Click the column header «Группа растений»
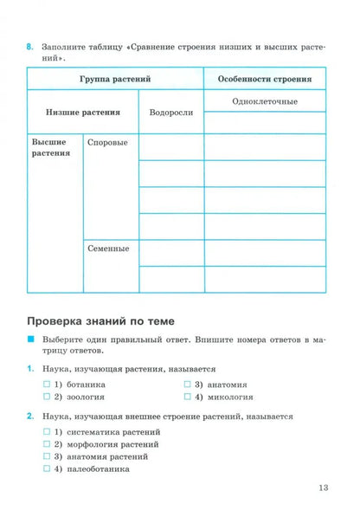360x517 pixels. (x=115, y=78)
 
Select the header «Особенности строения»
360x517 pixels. (x=265, y=78)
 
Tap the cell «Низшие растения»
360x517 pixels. (x=83, y=113)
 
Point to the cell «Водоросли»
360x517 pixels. (x=171, y=113)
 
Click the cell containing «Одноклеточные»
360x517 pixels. (x=265, y=101)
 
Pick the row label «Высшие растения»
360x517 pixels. (x=50, y=147)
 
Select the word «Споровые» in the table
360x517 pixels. (x=107, y=141)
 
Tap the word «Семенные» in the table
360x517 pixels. (x=108, y=249)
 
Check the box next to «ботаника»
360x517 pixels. (x=47, y=383)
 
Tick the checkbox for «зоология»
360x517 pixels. (x=47, y=397)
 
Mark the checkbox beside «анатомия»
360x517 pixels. (x=187, y=383)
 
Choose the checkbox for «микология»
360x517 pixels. (x=187, y=397)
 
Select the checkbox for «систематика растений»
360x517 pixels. (x=47, y=431)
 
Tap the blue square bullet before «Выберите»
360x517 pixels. (x=31, y=340)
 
